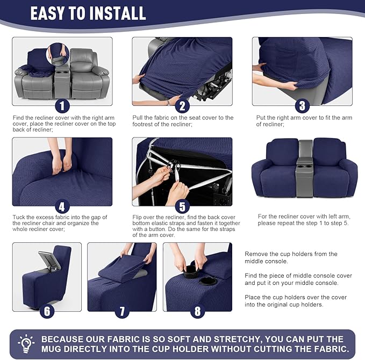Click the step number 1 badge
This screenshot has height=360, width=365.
click(x=62, y=105)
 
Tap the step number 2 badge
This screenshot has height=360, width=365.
click(x=182, y=105)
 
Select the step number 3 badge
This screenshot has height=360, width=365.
click(x=302, y=105)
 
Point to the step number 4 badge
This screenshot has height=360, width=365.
click(x=62, y=206)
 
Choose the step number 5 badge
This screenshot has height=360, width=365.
click(x=182, y=206)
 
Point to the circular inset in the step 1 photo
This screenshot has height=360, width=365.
click(x=58, y=54)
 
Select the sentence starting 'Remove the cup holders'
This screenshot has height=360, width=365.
click(x=291, y=257)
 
